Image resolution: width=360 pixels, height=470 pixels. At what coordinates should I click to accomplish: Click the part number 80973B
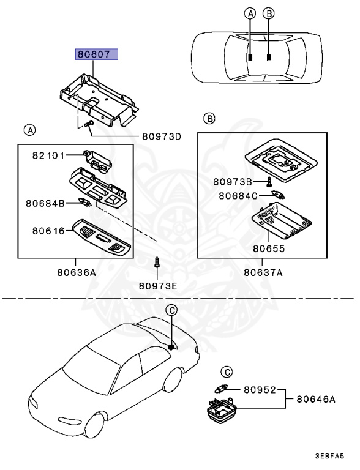tap(233, 182)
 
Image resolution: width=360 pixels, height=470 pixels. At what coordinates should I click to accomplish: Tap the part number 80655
tap(269, 249)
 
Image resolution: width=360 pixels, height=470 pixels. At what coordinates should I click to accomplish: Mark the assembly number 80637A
tap(263, 274)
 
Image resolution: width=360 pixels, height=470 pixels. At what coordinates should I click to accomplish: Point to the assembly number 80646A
tap(316, 399)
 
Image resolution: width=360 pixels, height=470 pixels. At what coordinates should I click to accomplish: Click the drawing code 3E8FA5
tap(329, 457)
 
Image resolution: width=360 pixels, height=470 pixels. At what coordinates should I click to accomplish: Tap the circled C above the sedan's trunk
tap(173, 310)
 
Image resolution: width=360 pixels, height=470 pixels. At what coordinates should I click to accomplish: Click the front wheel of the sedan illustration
tap(93, 428)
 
